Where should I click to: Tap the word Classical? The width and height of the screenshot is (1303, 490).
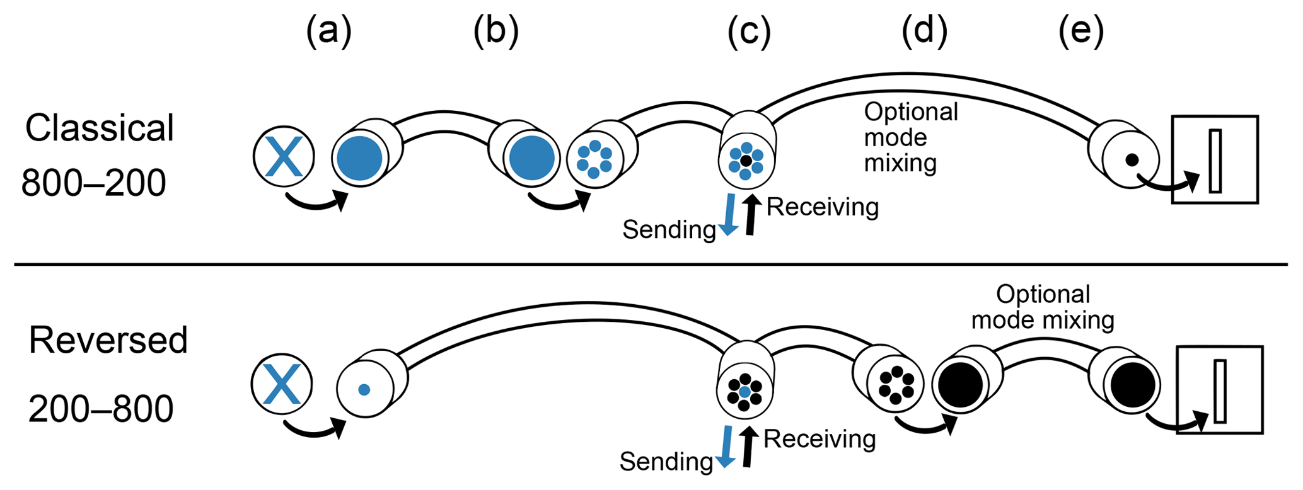99,128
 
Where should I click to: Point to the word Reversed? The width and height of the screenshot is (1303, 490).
108,341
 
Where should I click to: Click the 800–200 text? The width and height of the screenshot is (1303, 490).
93,183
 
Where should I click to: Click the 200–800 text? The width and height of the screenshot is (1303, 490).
101,409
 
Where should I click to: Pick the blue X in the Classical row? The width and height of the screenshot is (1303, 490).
284,157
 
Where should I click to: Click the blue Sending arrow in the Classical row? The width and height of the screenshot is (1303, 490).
729,215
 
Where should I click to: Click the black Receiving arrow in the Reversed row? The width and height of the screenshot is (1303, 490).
748,447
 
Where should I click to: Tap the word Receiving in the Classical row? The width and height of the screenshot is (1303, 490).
822,207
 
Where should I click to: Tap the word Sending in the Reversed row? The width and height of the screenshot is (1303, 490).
666,462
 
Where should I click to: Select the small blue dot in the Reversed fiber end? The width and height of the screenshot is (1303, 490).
364,390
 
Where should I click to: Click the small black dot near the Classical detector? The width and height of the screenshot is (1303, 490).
1132,160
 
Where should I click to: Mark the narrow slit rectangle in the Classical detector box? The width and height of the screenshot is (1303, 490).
1215,161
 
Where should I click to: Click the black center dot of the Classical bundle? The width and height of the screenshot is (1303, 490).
746,161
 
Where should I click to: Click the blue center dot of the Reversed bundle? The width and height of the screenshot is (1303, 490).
744,392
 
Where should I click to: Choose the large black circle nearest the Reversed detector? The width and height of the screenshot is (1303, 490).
1133,384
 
